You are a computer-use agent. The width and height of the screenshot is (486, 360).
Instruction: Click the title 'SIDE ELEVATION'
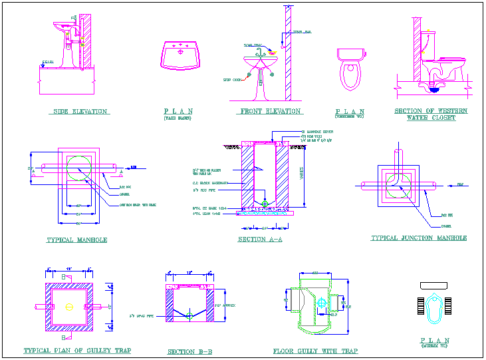coord(80,112)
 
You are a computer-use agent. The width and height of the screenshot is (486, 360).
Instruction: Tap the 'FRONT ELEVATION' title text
coord(269,112)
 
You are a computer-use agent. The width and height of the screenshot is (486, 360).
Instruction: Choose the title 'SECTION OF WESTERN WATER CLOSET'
coord(431,114)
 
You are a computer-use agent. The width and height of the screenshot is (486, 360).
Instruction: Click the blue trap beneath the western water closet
coord(434,85)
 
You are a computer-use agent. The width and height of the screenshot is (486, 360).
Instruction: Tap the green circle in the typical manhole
coord(80,167)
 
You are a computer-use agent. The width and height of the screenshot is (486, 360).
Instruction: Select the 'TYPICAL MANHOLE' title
coord(77,240)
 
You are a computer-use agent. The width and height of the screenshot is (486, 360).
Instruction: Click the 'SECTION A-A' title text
coord(260,240)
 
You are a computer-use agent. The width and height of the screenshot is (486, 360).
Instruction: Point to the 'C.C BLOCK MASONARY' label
coord(210,182)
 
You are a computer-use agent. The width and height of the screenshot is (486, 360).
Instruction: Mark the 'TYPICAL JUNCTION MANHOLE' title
coord(419,238)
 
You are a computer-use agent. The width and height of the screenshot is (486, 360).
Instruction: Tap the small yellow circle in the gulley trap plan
coord(69,307)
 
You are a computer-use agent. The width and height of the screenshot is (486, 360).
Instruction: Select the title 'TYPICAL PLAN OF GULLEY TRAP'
coord(77,351)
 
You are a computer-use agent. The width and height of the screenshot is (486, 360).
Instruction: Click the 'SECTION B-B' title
coord(189,351)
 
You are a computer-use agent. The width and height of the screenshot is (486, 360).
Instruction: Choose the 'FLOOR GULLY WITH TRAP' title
coord(315,351)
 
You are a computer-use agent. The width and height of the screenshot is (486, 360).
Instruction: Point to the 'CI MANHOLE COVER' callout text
coord(317,132)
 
